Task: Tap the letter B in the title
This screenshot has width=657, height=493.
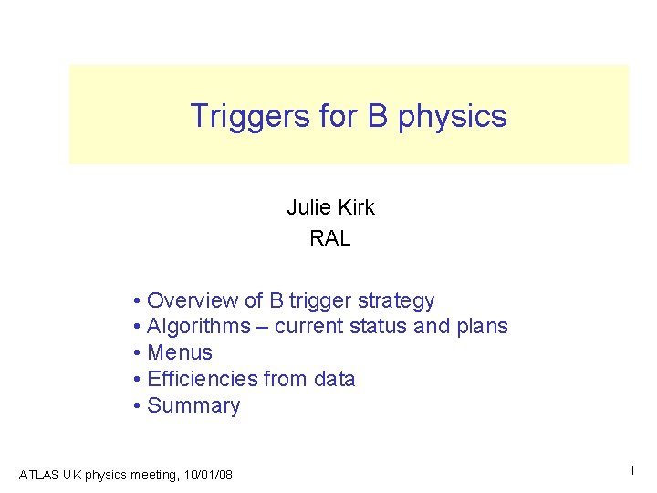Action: [377, 116]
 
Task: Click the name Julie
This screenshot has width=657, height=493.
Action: [307, 207]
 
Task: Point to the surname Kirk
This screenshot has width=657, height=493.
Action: [354, 207]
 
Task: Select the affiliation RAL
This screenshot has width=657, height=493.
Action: [330, 239]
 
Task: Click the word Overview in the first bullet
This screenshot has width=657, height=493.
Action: [193, 300]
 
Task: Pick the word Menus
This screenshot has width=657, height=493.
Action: [180, 352]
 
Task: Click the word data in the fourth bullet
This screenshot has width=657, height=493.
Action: [334, 379]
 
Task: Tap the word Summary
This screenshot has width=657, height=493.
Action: [193, 405]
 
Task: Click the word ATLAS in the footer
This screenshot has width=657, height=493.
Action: [37, 475]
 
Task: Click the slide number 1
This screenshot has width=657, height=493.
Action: [631, 471]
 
